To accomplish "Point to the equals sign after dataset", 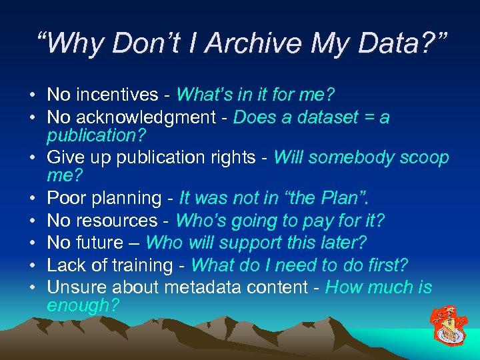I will point(365,118).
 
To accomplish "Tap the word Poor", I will point(65,198).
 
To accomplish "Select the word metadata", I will point(195,288).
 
